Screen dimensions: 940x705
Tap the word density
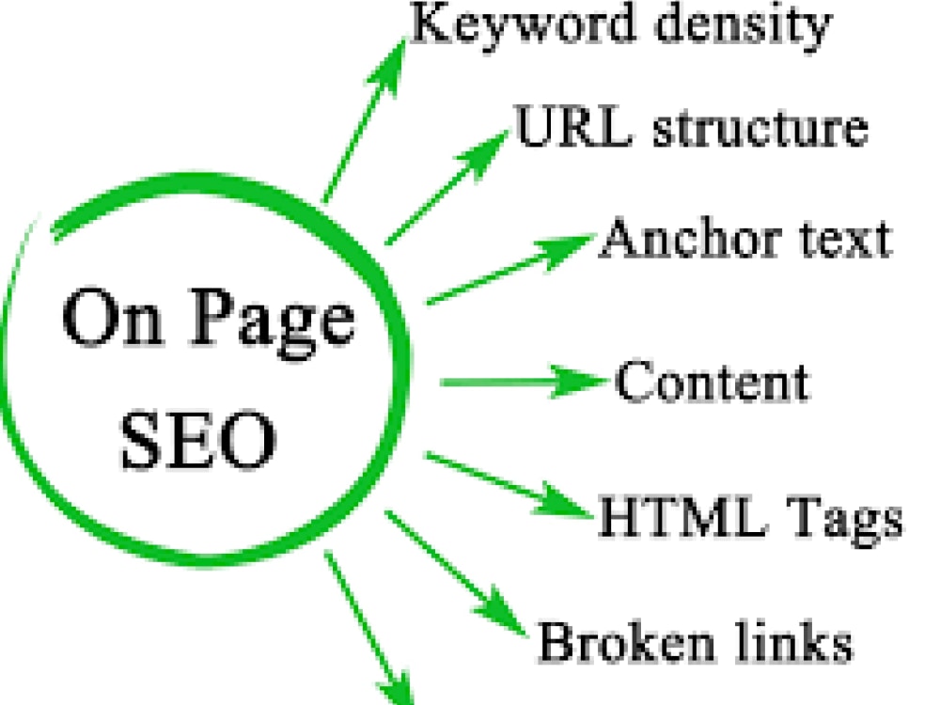click(744, 25)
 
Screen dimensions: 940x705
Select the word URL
click(573, 125)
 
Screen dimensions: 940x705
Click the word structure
click(760, 128)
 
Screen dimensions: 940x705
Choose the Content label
click(713, 381)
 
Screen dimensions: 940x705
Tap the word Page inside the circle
click(274, 322)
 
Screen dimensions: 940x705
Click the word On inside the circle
click(113, 319)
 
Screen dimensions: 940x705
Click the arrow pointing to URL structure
click(446, 187)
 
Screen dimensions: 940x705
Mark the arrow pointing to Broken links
click(456, 572)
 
